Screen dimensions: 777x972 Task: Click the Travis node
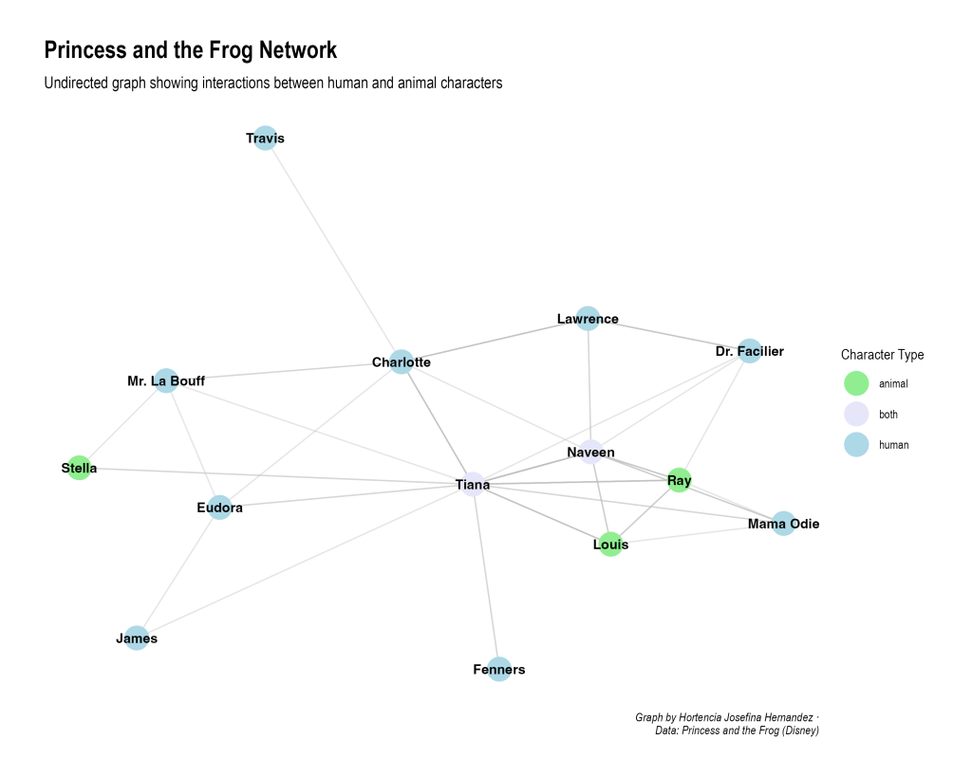(x=266, y=139)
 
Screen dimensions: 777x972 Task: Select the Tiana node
(x=473, y=485)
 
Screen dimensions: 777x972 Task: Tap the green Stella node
(x=80, y=468)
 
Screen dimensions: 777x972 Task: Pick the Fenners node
(x=498, y=670)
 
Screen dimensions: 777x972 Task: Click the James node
(x=137, y=638)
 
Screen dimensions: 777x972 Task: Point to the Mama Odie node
(x=783, y=524)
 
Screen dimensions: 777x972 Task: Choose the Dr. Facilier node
(x=749, y=351)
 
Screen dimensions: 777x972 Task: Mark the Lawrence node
(x=588, y=319)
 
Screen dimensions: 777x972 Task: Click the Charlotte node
(x=402, y=361)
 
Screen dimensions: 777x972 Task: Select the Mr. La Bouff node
(x=166, y=381)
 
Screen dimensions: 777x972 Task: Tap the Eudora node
(x=220, y=508)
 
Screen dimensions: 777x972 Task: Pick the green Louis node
(x=610, y=545)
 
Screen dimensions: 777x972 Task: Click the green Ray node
(x=679, y=480)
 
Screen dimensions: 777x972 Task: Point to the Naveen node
(x=590, y=452)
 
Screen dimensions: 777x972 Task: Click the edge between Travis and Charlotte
(x=333, y=250)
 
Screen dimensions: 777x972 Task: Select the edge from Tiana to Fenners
(x=486, y=579)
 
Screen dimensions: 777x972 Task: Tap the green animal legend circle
(x=856, y=384)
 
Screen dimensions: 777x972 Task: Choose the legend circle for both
(x=856, y=415)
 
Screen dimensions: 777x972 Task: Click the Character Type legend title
(x=882, y=355)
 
